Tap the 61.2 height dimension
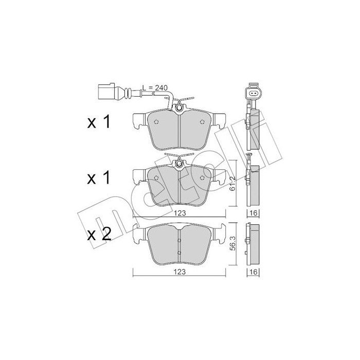[x=233, y=183]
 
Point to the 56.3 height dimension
[x=233, y=243]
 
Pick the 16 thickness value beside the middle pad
[x=253, y=212]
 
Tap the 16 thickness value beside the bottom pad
[x=253, y=271]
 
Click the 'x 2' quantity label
[x=99, y=235]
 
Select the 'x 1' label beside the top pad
[x=99, y=122]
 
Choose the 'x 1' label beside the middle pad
[x=99, y=178]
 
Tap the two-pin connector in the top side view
[x=252, y=93]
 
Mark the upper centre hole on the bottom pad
[x=179, y=240]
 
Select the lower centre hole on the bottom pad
[x=179, y=253]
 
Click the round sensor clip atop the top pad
[x=178, y=108]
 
